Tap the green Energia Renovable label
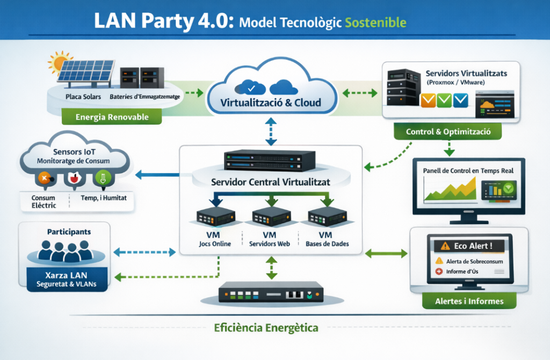(x=112, y=117)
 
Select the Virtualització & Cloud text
(x=271, y=103)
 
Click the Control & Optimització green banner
(x=447, y=131)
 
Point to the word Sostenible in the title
(x=375, y=23)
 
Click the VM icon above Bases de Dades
(x=326, y=217)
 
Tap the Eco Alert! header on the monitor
(x=467, y=246)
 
